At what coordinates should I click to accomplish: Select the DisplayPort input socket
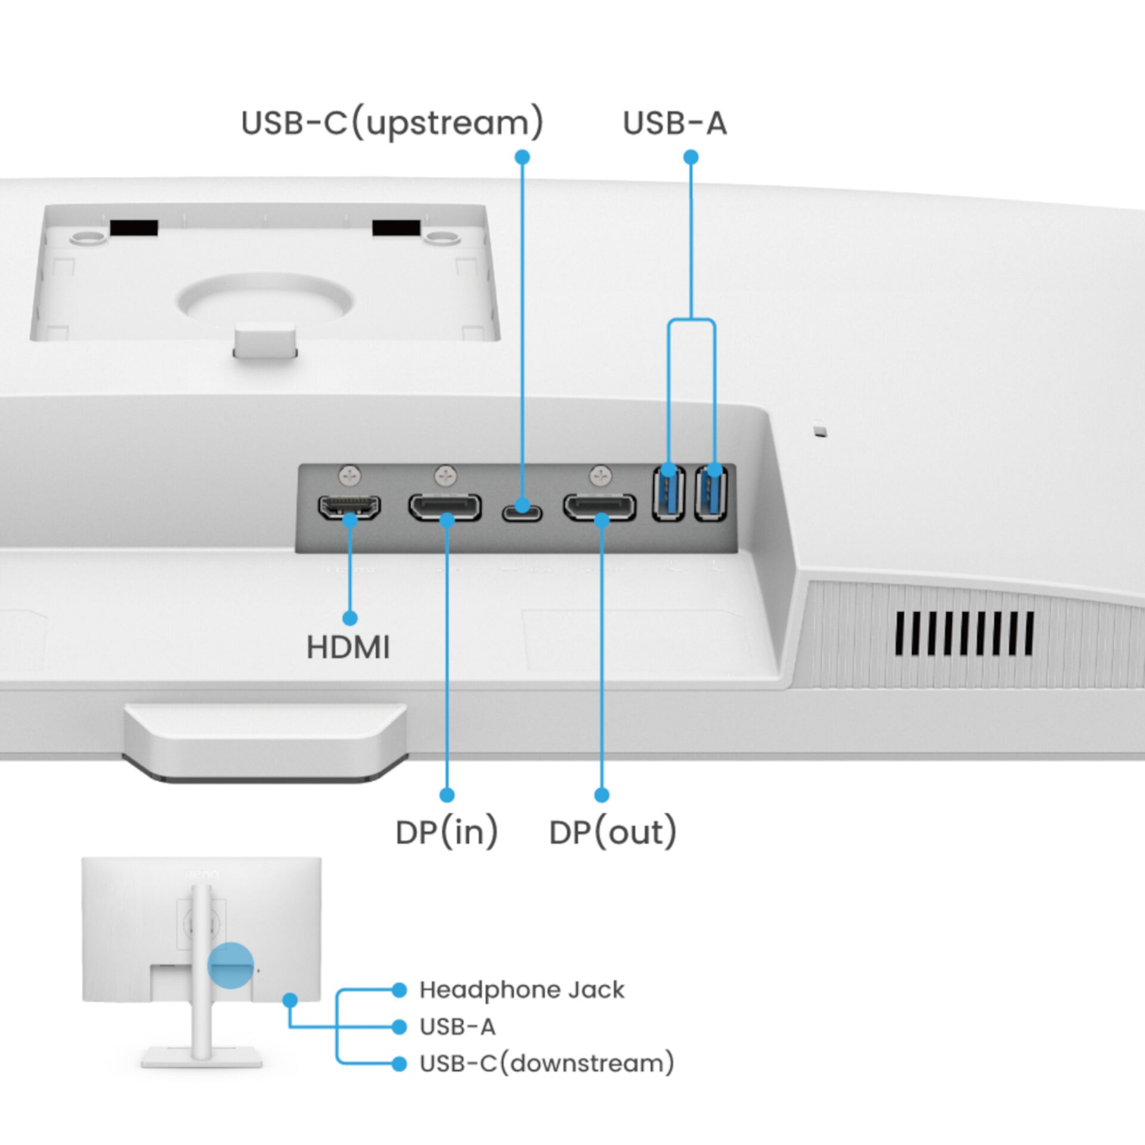pyautogui.click(x=445, y=507)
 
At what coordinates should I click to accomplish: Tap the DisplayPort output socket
pyautogui.click(x=600, y=507)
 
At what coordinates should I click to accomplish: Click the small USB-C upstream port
pyautogui.click(x=522, y=512)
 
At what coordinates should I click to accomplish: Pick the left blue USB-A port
pyautogui.click(x=668, y=493)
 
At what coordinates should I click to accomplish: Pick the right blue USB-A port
pyautogui.click(x=711, y=493)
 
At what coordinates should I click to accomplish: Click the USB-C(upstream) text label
pyautogui.click(x=392, y=122)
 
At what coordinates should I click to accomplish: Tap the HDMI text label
pyautogui.click(x=348, y=648)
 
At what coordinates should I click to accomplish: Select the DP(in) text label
pyautogui.click(x=447, y=833)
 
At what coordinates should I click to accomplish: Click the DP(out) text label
pyautogui.click(x=612, y=833)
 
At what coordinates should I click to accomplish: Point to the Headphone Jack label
pyautogui.click(x=521, y=990)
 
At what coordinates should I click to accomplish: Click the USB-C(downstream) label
pyautogui.click(x=546, y=1063)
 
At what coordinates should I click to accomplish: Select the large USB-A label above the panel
pyautogui.click(x=674, y=123)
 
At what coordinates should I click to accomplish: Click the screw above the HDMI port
pyautogui.click(x=350, y=476)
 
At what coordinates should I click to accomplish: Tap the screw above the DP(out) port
pyautogui.click(x=601, y=476)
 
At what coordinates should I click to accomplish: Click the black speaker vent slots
pyautogui.click(x=964, y=634)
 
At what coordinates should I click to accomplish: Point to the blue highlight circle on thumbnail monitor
pyautogui.click(x=230, y=965)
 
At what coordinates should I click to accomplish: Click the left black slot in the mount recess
pyautogui.click(x=134, y=228)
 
